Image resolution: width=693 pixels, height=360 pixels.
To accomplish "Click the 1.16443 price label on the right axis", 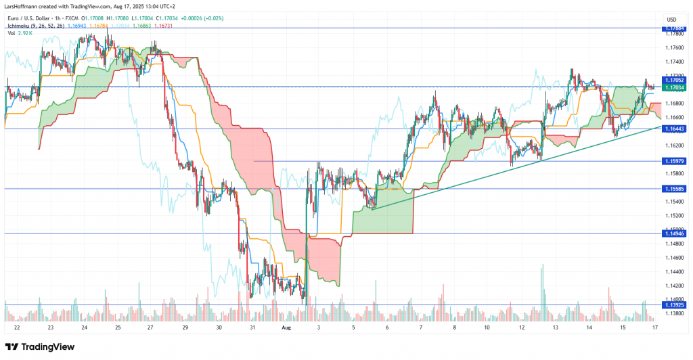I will click(673, 129).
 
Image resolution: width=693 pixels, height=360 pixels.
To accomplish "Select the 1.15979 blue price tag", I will click(673, 161).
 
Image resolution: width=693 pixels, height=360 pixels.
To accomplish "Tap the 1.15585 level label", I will click(673, 189).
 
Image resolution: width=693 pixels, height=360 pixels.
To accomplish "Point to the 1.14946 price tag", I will click(673, 233).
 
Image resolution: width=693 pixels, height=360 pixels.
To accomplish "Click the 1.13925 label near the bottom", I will click(673, 305).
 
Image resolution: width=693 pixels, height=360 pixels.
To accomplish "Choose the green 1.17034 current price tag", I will click(673, 87).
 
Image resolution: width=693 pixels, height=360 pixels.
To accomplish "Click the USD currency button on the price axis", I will click(672, 18).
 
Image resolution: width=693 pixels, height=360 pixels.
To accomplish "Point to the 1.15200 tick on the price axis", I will click(673, 215).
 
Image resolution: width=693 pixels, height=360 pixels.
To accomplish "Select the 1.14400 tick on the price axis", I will click(673, 271).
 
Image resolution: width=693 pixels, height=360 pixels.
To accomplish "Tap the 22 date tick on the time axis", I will click(16, 327).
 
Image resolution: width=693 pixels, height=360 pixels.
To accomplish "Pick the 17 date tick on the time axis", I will click(654, 327).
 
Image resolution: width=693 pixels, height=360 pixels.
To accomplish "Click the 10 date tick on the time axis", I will click(487, 327).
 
